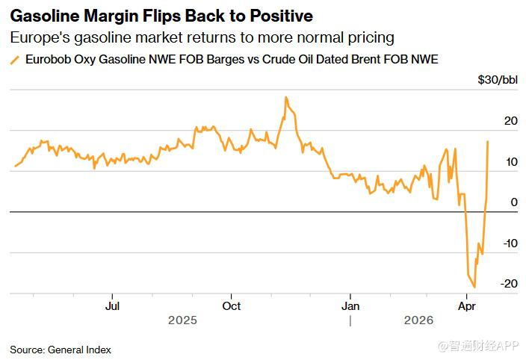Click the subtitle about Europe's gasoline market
click(202, 37)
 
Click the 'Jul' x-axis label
click(112, 305)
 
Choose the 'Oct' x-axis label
click(232, 305)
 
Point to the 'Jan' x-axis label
click(350, 305)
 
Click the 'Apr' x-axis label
click(467, 305)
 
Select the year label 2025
click(183, 320)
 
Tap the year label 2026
click(419, 320)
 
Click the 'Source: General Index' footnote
click(59, 349)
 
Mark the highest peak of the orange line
click(285, 97)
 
